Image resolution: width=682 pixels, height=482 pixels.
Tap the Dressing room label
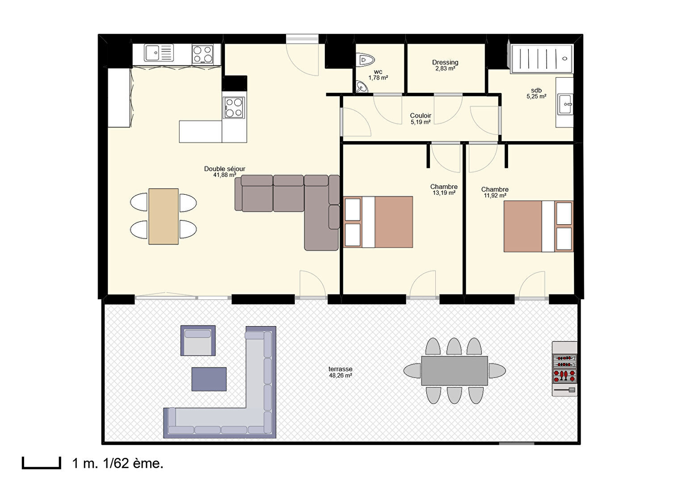[x=445, y=63]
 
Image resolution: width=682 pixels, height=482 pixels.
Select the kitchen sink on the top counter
[x=159, y=53]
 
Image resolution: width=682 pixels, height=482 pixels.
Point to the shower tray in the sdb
[x=542, y=59]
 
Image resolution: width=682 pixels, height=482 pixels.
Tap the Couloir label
[x=421, y=116]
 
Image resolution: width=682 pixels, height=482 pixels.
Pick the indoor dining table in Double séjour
[x=164, y=216]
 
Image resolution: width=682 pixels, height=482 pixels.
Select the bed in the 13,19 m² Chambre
[x=378, y=222]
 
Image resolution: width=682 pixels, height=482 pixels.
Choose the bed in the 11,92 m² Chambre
[x=538, y=226]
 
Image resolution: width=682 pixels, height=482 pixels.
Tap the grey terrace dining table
[x=455, y=371]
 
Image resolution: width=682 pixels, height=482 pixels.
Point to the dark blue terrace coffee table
[x=209, y=379]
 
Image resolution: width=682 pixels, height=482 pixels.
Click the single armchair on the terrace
[x=198, y=340]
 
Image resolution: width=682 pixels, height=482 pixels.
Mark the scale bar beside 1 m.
[x=42, y=463]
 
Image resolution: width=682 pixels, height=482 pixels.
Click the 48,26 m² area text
[x=341, y=376]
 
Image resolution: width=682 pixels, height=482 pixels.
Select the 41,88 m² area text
[x=225, y=175]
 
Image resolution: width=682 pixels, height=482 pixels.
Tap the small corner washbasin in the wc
[x=362, y=87]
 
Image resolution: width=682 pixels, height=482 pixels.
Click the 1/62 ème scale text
[x=133, y=463]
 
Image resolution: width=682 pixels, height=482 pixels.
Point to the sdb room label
[x=536, y=90]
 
